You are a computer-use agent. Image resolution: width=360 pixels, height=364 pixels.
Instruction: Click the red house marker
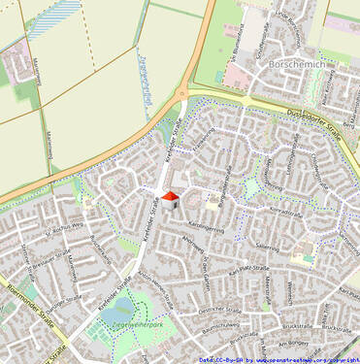(x=170, y=199)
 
